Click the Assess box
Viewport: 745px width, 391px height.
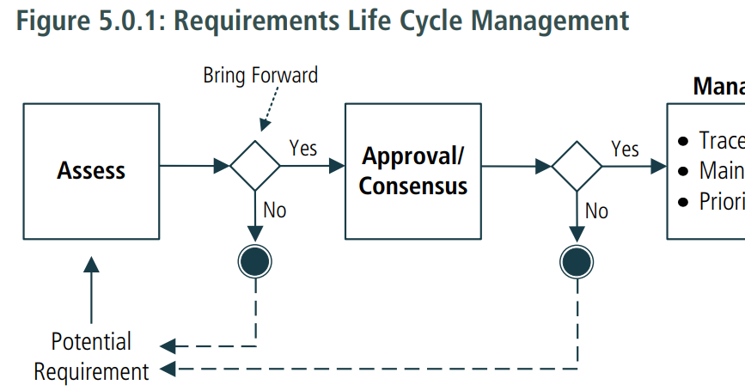click(x=91, y=171)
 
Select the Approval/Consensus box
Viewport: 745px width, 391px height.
click(x=412, y=171)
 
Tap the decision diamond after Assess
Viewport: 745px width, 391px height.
click(x=255, y=165)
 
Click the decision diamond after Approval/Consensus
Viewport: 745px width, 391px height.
click(x=577, y=165)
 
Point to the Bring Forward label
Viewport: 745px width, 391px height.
click(x=260, y=76)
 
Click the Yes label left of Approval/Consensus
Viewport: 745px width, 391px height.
click(x=303, y=148)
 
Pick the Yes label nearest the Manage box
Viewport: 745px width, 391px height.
click(x=625, y=149)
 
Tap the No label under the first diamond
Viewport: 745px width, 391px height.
click(x=275, y=210)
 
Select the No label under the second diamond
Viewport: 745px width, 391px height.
click(x=596, y=211)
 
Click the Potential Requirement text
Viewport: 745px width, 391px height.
click(x=91, y=357)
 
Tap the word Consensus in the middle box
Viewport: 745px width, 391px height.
click(x=412, y=186)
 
